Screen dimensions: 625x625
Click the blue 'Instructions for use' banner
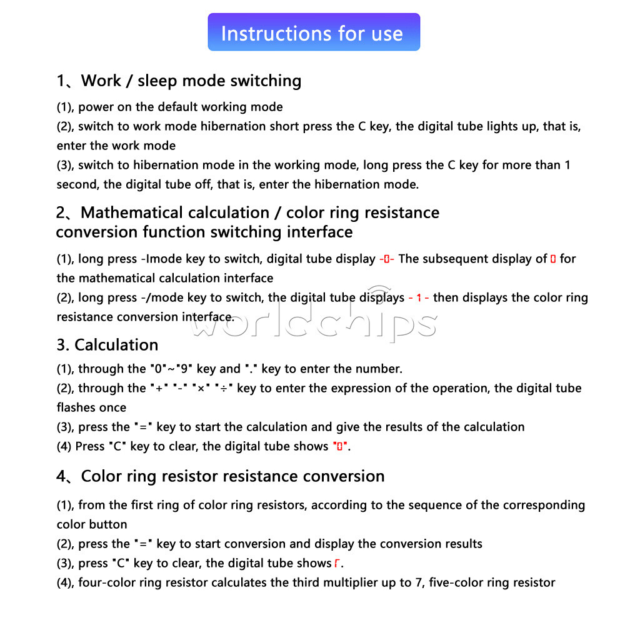tap(313, 32)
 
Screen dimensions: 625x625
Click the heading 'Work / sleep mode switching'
tap(191, 81)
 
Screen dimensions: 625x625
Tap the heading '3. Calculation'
tap(107, 345)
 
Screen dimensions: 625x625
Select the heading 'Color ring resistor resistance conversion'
tap(232, 476)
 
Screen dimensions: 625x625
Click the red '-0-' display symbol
tap(387, 259)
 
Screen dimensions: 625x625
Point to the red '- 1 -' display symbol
tap(418, 299)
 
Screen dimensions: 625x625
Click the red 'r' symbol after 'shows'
tap(337, 564)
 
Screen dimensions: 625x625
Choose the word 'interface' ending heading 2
tap(320, 232)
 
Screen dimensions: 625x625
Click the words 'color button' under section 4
tap(92, 524)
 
